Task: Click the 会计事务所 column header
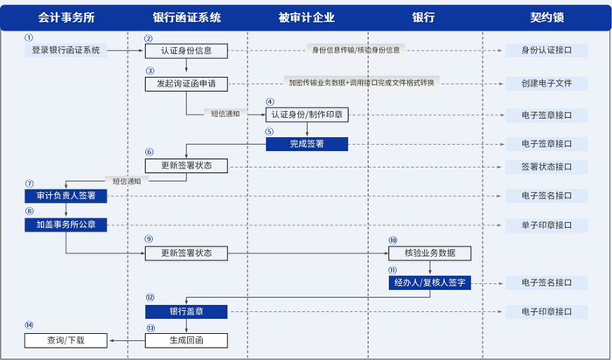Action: coord(66,17)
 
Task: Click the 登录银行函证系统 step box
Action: coord(66,51)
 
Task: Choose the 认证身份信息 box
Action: coord(186,51)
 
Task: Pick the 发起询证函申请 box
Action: coord(186,84)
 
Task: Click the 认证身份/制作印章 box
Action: coord(307,114)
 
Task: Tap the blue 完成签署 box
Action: coord(307,143)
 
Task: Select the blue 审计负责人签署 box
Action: coord(66,196)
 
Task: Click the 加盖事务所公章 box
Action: coord(66,225)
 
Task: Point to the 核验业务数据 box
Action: coord(430,253)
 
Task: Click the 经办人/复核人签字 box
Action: coord(430,282)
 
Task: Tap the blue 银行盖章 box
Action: coord(186,311)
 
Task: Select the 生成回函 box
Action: coord(186,340)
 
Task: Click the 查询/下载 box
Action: coord(66,340)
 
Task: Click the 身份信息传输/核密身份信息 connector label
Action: coord(355,51)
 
